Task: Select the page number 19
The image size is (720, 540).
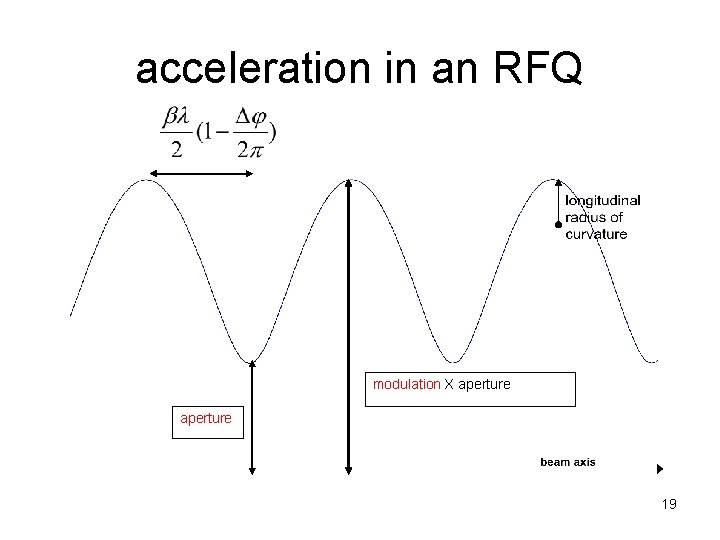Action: point(669,505)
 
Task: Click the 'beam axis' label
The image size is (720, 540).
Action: point(567,462)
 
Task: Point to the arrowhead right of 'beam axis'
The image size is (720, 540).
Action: point(660,468)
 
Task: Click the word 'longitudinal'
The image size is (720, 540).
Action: point(603,200)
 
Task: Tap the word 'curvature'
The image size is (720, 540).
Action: point(597,234)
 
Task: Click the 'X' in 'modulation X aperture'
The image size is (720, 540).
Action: point(450,384)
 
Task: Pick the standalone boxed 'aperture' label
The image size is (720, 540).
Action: point(205,419)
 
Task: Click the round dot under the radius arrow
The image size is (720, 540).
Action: point(558,226)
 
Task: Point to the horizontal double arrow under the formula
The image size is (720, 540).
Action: point(201,173)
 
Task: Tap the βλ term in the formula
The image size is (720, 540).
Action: point(176,116)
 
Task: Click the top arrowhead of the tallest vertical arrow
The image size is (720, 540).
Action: point(348,183)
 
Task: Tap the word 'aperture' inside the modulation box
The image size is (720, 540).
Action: point(484,384)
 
